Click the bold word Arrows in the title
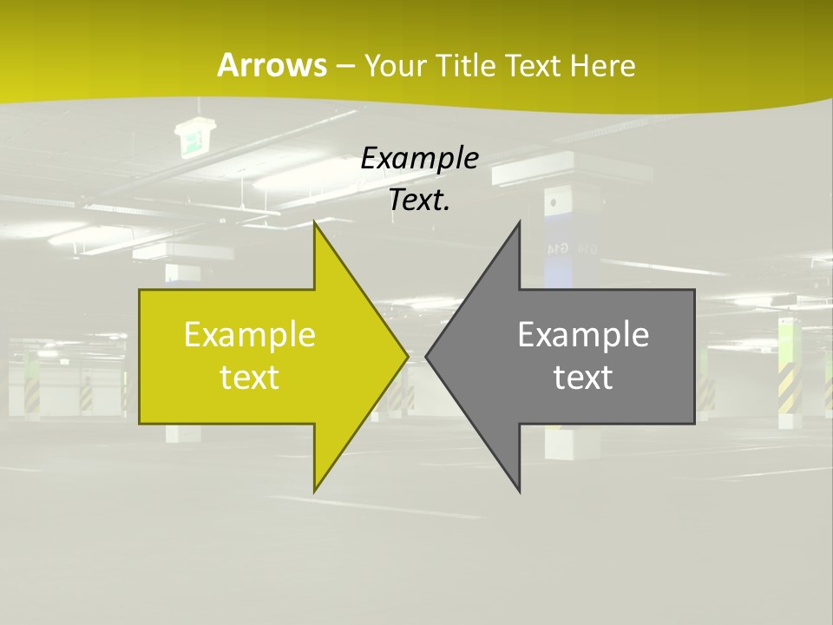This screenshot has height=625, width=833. point(271,65)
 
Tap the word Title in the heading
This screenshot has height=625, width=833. point(465,66)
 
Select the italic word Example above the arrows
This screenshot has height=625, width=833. point(420,159)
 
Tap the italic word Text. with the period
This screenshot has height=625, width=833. point(420,200)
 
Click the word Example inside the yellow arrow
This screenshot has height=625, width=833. point(250,334)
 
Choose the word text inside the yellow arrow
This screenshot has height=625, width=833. point(250,378)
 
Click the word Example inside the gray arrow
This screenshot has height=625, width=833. point(583,334)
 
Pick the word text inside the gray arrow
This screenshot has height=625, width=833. point(583,378)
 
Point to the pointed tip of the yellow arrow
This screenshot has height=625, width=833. point(406,356)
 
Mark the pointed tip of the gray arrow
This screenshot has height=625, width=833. point(428,356)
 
